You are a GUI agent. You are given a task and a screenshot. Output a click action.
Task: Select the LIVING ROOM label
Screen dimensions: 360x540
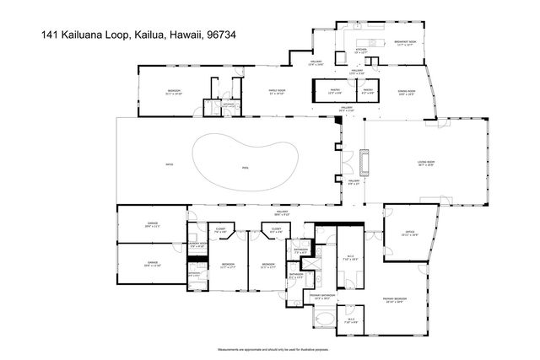424,164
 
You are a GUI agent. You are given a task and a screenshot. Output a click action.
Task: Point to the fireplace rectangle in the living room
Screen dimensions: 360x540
363,162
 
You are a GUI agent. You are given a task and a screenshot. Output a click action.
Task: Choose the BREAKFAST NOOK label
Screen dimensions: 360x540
407,42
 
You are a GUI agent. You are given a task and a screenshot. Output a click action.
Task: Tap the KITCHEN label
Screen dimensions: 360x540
360,50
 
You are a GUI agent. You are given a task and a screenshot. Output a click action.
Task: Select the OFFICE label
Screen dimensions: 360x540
410,235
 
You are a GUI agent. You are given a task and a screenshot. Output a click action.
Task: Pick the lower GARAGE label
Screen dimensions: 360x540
153,263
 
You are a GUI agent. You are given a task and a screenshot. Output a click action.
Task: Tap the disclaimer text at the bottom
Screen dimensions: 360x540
269,347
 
